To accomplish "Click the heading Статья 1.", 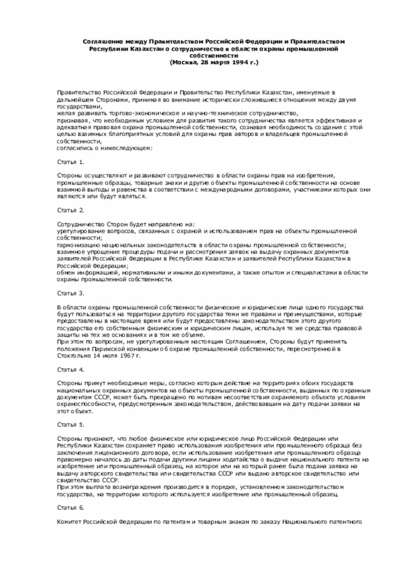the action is [x=70, y=162].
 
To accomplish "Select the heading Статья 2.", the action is [x=70, y=210].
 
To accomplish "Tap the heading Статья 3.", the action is [x=70, y=292].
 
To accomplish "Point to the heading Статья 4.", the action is [x=70, y=369].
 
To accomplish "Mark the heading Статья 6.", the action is [x=70, y=508].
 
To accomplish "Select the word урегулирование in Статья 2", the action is [x=79, y=231].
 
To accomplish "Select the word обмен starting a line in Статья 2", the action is [x=65, y=272].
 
